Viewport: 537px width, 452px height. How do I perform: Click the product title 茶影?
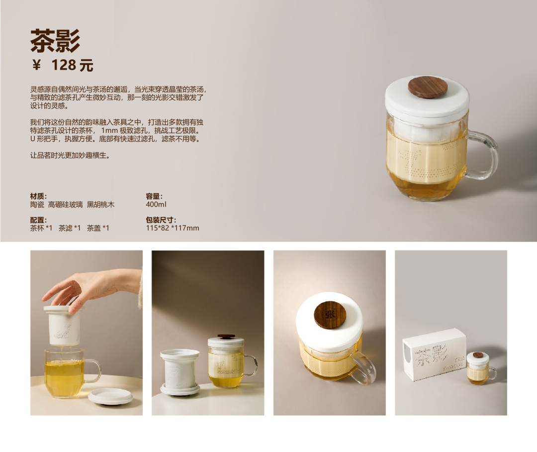tap(55, 41)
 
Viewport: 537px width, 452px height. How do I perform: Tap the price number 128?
tap(63, 65)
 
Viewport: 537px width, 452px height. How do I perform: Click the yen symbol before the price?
tap(36, 65)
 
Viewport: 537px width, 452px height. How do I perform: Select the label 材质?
tap(38, 196)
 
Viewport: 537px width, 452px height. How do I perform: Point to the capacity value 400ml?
tap(156, 205)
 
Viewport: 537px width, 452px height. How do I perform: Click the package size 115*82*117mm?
tap(173, 228)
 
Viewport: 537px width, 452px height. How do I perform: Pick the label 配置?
tap(38, 220)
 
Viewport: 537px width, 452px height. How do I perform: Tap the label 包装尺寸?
tap(161, 220)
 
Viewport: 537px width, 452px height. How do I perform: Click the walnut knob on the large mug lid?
tap(428, 87)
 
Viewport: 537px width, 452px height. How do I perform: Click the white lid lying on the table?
tap(110, 396)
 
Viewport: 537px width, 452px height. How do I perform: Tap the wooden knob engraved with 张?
tap(330, 315)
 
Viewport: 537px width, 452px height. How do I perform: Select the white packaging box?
tap(434, 354)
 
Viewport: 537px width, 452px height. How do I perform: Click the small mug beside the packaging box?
tap(480, 368)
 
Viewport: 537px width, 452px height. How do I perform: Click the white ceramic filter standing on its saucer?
tap(180, 372)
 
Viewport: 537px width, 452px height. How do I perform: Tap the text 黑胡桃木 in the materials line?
tap(100, 205)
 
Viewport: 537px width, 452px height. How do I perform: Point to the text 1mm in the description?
tap(109, 130)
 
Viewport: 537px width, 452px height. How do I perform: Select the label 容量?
tap(154, 196)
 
